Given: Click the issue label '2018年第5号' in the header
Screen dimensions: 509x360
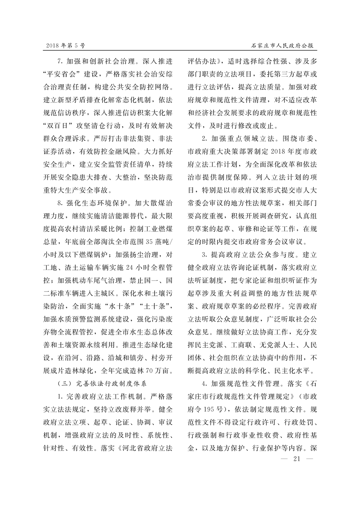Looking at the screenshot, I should (x=66, y=46).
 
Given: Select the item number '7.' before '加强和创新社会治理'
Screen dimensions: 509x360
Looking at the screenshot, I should (x=60, y=61).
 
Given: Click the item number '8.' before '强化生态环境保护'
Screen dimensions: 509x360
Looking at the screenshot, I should (x=60, y=202).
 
